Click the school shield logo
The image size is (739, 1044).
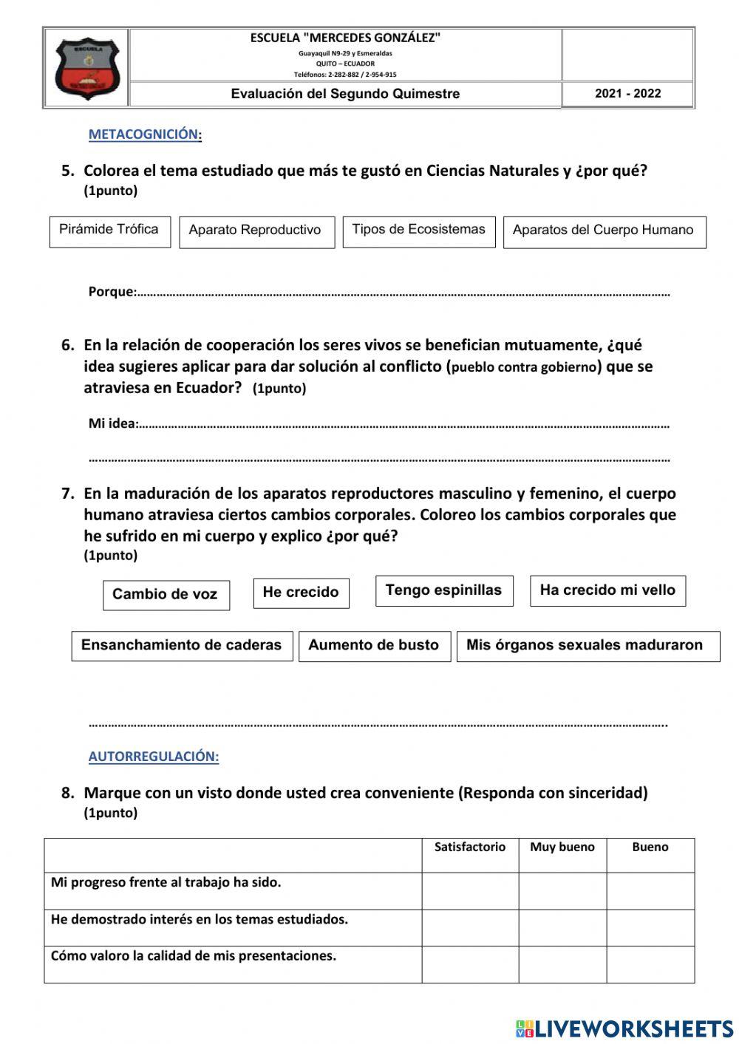tap(86, 69)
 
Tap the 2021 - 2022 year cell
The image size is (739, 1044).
tap(627, 94)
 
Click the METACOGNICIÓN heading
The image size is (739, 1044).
tap(145, 134)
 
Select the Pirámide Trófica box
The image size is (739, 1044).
tap(109, 231)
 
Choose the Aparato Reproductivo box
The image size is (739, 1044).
tap(256, 231)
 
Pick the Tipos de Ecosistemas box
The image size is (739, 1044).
tap(418, 231)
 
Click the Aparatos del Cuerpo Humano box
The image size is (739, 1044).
tap(604, 231)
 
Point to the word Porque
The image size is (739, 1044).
tap(112, 292)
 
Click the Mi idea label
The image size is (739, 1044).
tap(113, 424)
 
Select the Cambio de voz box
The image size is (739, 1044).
tap(166, 595)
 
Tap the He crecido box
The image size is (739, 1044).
tap(301, 593)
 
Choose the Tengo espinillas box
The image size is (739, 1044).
tap(443, 590)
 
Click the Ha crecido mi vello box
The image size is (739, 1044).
tap(607, 590)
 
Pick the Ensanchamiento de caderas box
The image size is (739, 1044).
tap(182, 645)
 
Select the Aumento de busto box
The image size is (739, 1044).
tap(374, 645)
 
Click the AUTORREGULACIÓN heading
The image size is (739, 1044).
tap(154, 757)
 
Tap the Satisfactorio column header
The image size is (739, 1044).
tap(470, 847)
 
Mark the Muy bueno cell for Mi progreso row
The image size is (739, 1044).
tap(562, 891)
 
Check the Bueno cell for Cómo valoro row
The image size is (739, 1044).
tap(650, 964)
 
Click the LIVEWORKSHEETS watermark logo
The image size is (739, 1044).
tap(624, 1028)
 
